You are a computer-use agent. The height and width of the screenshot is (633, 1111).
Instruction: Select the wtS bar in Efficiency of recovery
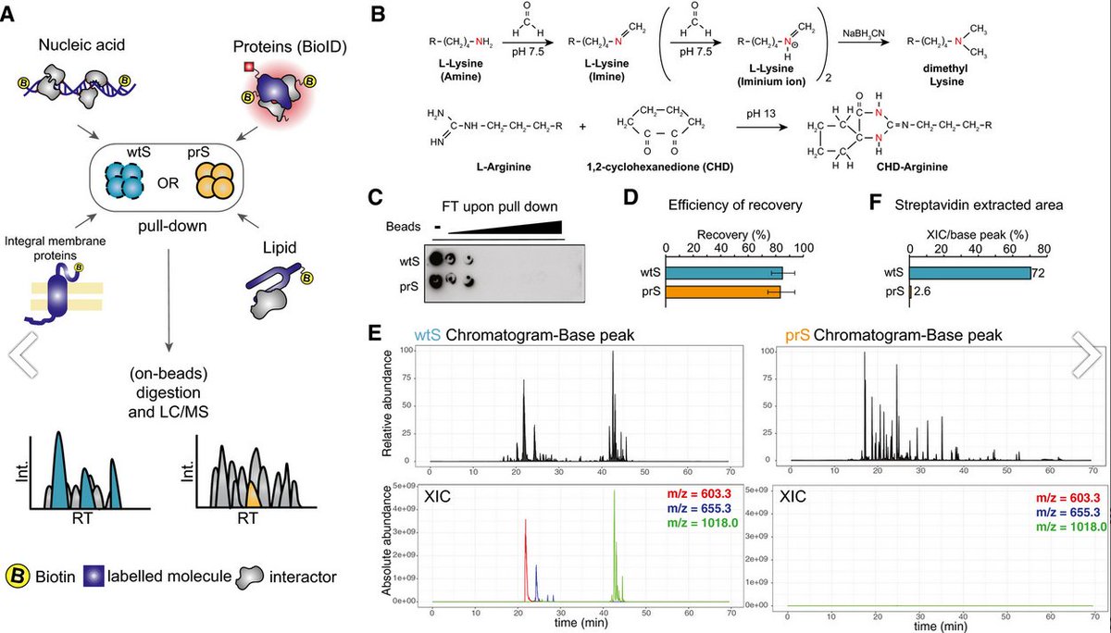point(723,272)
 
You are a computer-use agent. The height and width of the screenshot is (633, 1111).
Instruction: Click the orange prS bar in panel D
point(722,292)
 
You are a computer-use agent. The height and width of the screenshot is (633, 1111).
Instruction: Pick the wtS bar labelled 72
point(969,272)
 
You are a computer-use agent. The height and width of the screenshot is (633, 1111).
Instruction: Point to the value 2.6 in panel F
point(927,292)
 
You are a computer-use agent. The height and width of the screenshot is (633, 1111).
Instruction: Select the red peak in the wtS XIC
point(526,565)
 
